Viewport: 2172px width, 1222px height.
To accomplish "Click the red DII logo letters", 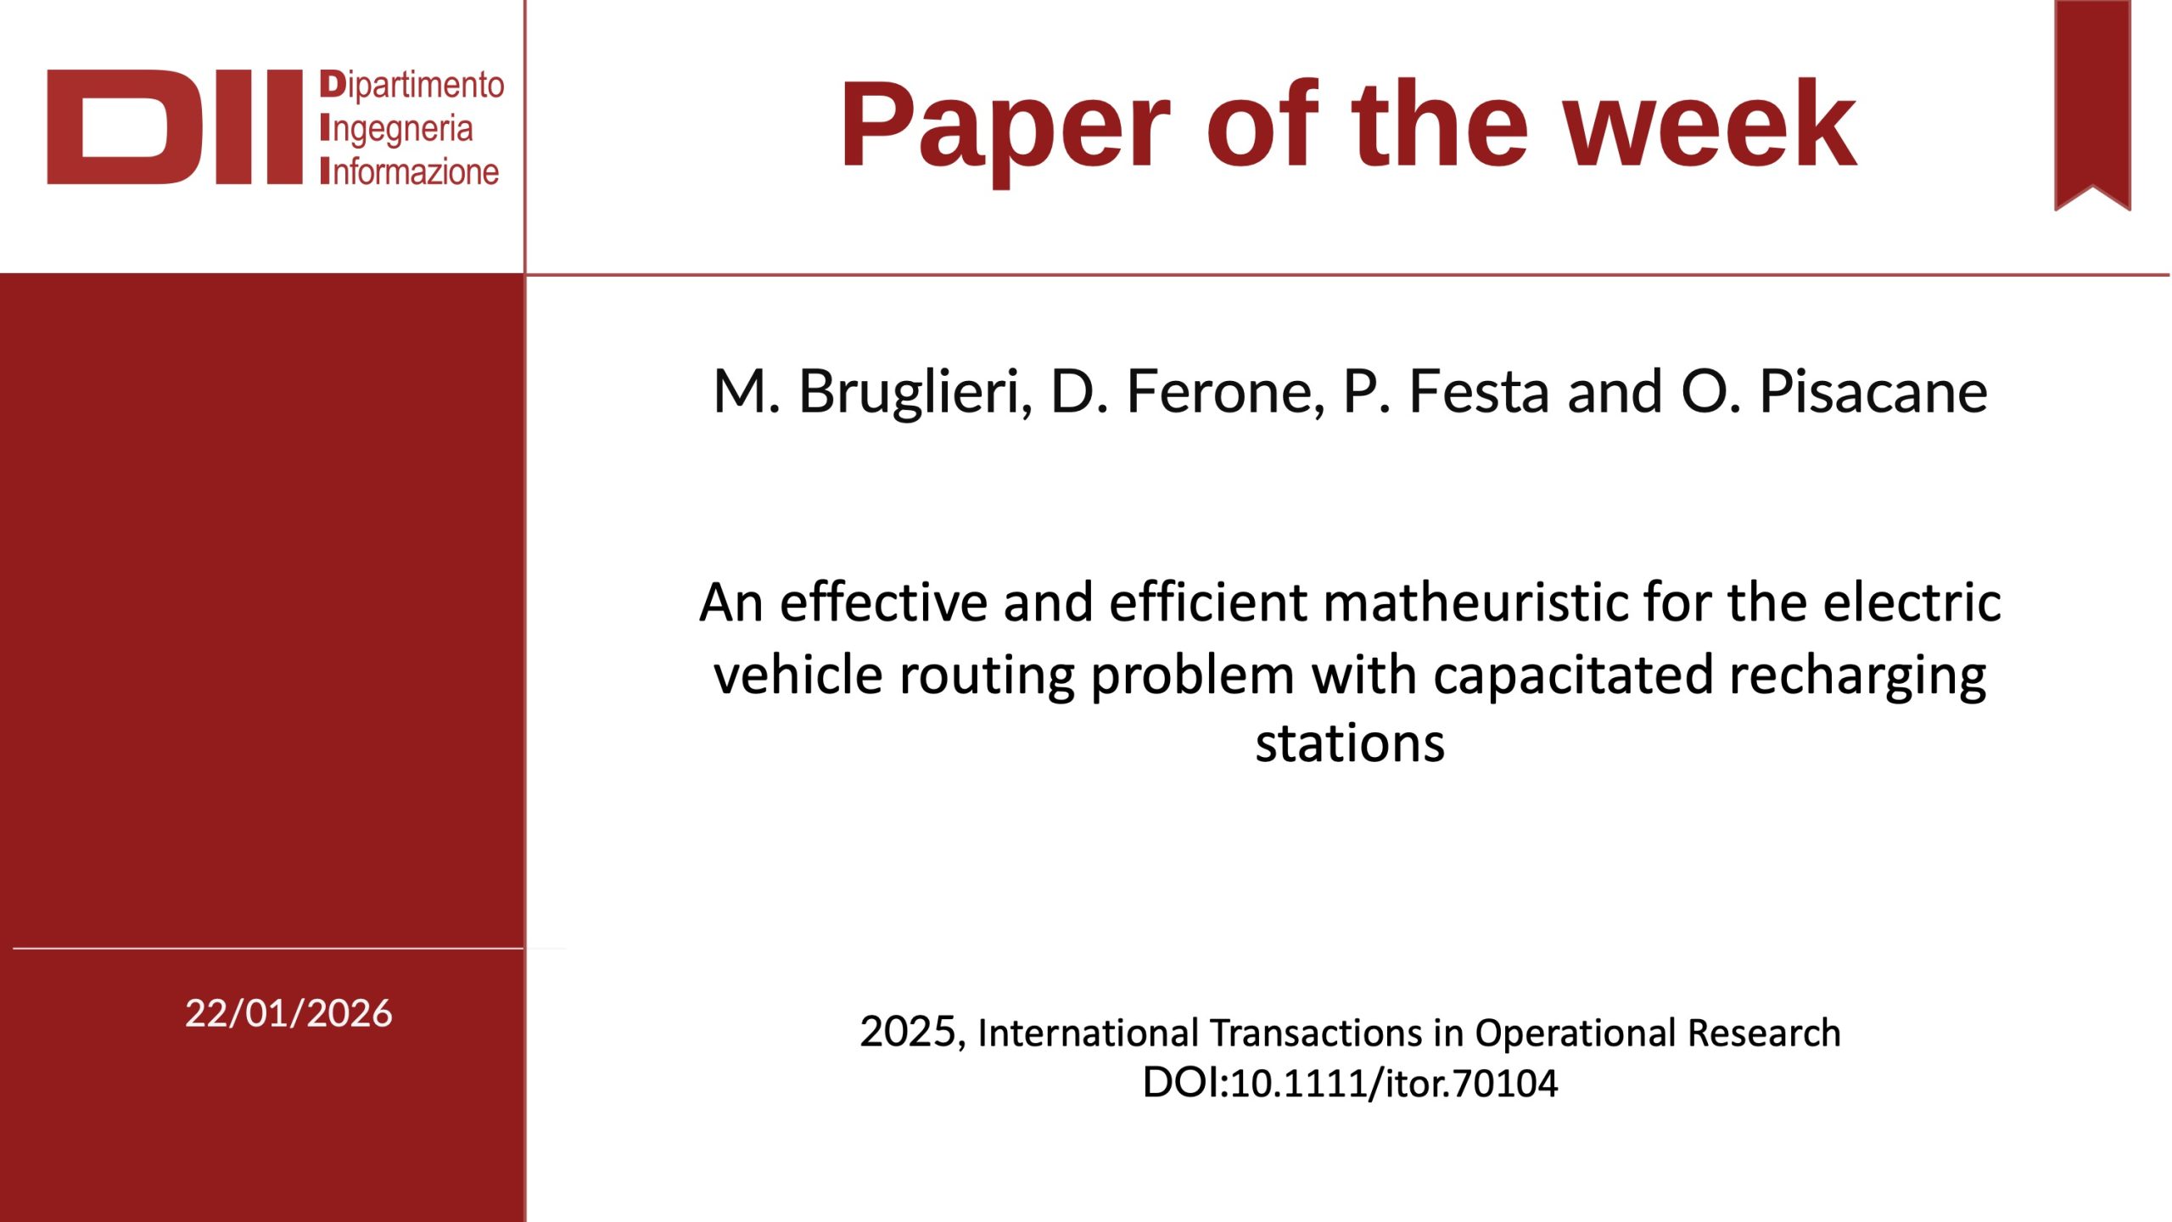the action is point(175,126).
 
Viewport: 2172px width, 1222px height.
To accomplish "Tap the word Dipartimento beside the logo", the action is point(412,85).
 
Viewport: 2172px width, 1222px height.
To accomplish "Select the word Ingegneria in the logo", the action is point(396,130).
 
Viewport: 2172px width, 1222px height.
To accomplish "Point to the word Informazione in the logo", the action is point(410,171).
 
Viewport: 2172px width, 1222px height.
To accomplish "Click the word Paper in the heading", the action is point(1005,127).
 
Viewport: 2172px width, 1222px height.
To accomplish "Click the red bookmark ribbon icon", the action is point(2092,105).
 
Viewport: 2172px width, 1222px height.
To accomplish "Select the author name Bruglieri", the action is point(915,393).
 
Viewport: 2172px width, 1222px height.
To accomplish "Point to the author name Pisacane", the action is point(1873,393).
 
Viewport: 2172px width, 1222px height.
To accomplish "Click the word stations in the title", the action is point(1350,744).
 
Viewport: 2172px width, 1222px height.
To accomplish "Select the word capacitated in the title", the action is point(1572,676).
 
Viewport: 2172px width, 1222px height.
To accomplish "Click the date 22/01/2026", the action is point(288,1013).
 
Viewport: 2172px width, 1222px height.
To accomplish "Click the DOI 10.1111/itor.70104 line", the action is point(1350,1084).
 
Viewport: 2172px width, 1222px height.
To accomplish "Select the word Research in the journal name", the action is point(1764,1033).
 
